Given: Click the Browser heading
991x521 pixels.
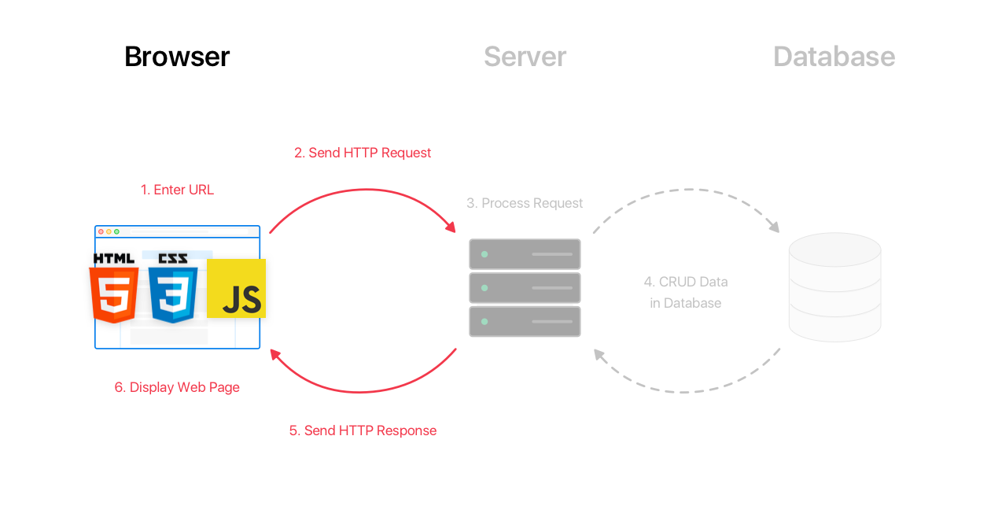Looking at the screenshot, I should point(177,57).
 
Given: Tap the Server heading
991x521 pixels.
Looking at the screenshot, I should point(525,57).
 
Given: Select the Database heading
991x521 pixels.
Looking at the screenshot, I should point(834,57).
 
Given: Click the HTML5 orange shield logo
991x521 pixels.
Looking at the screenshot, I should point(114,294).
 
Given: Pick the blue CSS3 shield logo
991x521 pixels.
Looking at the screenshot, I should point(173,294).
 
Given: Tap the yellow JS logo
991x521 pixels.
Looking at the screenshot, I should point(236,289).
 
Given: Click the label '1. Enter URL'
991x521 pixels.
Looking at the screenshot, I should point(177,190).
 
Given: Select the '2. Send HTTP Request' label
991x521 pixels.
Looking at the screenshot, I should point(363,153).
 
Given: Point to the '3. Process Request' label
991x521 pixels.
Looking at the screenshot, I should point(525,203).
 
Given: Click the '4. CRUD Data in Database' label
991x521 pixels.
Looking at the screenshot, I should point(685,292).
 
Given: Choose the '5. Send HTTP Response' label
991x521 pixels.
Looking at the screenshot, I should point(363,430).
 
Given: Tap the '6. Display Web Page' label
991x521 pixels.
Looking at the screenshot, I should point(177,387).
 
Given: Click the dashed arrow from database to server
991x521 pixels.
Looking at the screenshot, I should point(686,391).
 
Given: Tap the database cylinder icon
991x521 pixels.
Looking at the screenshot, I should point(834,287).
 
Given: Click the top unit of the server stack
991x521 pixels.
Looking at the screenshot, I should point(525,254).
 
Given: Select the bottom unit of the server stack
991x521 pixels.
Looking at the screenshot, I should point(525,321).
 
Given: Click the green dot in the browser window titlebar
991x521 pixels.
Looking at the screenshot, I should point(116,231).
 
